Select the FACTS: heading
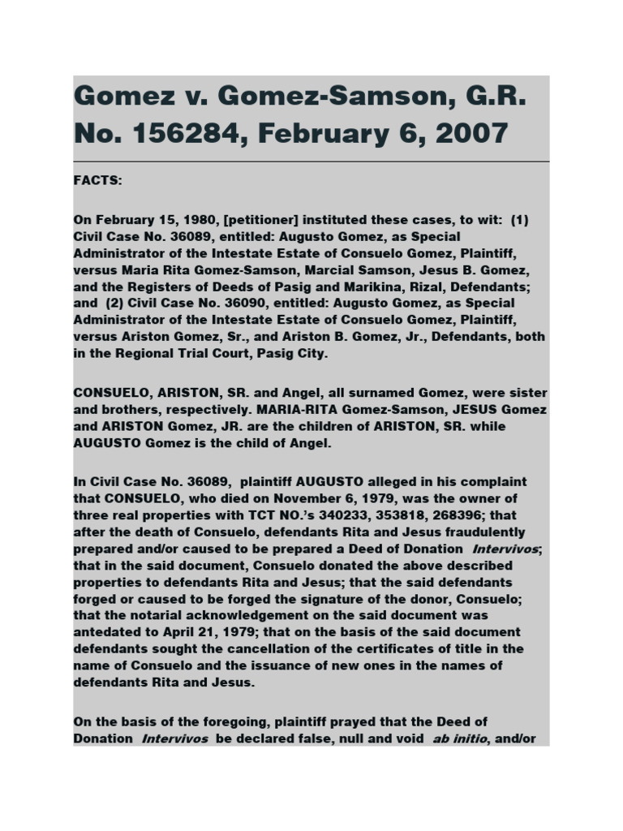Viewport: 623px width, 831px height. tap(97, 180)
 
